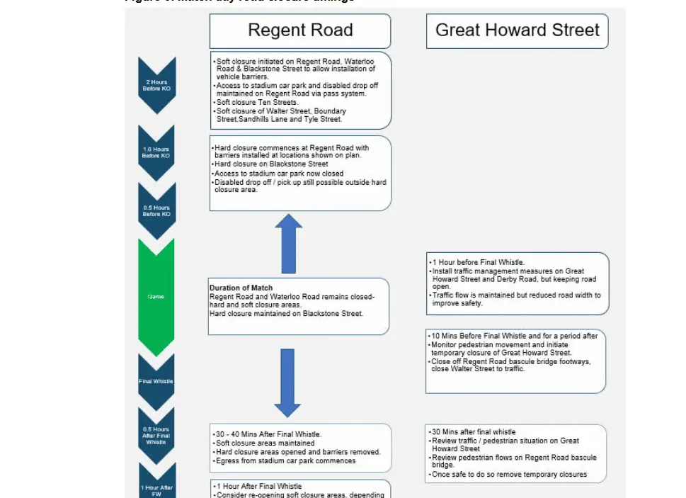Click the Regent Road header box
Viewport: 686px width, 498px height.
[300, 31]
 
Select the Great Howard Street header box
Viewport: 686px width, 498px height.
[517, 31]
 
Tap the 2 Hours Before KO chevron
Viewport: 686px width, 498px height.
[156, 85]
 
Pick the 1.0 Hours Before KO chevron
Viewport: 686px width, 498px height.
[156, 152]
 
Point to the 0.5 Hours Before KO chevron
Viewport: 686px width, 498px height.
[156, 211]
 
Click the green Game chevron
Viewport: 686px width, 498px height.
[156, 296]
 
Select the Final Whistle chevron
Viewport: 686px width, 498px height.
[156, 381]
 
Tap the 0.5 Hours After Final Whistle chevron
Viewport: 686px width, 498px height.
[156, 435]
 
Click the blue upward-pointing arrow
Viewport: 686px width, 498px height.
[288, 244]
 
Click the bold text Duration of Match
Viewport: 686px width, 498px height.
[241, 288]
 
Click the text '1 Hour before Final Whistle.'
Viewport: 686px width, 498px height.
[479, 262]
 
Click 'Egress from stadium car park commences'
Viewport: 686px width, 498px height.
[286, 461]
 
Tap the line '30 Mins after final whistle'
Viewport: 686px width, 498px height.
[474, 431]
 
